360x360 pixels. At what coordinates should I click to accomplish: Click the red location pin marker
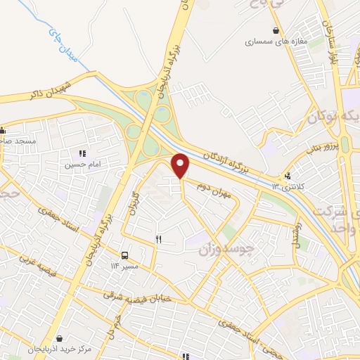pos(181,165)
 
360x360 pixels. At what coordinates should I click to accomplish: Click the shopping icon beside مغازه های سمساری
pos(276,30)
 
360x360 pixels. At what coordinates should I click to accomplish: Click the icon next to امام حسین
pos(82,153)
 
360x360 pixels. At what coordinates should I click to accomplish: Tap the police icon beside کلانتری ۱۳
pos(288,176)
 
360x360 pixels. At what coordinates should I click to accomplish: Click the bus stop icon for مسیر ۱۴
pos(124,255)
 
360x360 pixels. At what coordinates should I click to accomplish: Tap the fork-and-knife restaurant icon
pos(158,240)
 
